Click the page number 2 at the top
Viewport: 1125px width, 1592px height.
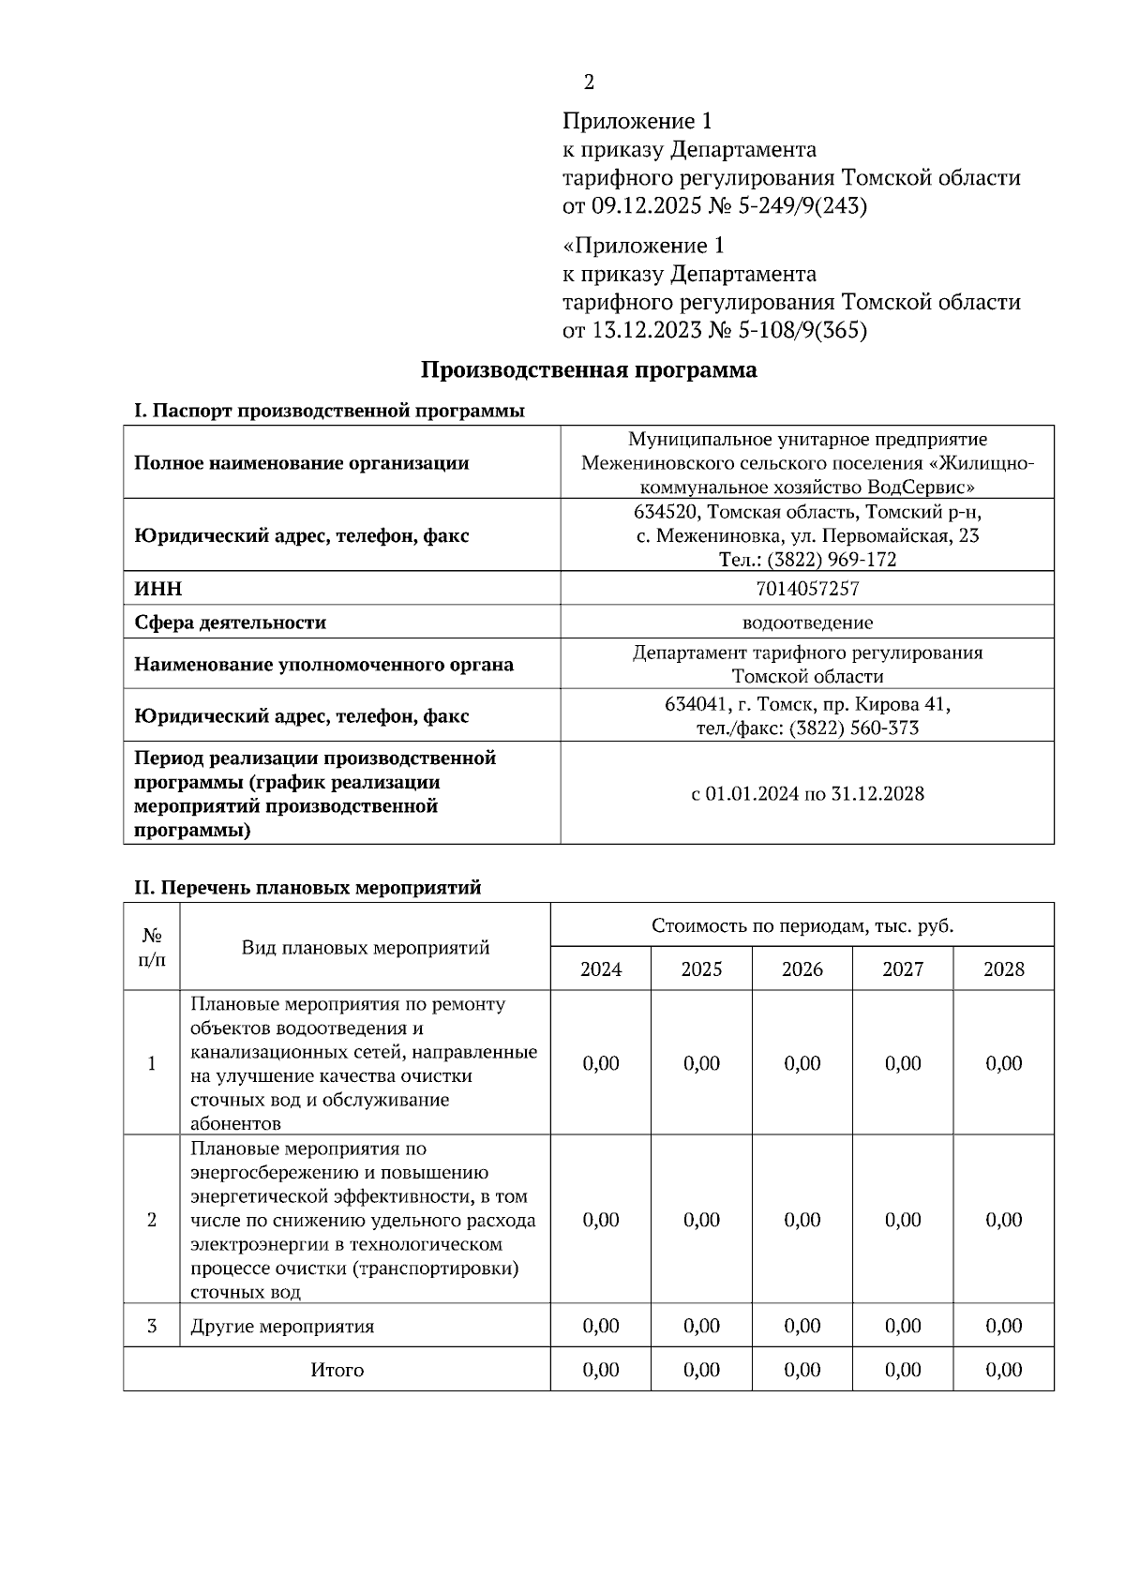coord(589,83)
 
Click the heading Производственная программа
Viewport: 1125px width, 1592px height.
coord(588,370)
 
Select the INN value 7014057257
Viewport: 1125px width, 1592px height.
coord(806,589)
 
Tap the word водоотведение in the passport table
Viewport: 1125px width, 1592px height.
coord(807,623)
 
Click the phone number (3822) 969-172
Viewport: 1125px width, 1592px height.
coord(832,560)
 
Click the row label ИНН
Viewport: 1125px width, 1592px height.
coord(158,589)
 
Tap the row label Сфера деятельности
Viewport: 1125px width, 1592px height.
coord(230,623)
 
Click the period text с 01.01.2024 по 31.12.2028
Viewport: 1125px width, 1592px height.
coord(807,794)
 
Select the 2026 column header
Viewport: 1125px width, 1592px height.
coord(802,969)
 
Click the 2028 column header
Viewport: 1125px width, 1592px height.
coord(1003,969)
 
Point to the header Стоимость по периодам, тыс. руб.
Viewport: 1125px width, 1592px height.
coord(802,926)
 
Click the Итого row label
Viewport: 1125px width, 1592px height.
coord(337,1370)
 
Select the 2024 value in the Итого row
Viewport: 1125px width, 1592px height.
coord(600,1370)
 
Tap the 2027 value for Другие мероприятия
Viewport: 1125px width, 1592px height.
coord(902,1327)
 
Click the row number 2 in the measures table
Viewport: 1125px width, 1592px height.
coord(152,1220)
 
